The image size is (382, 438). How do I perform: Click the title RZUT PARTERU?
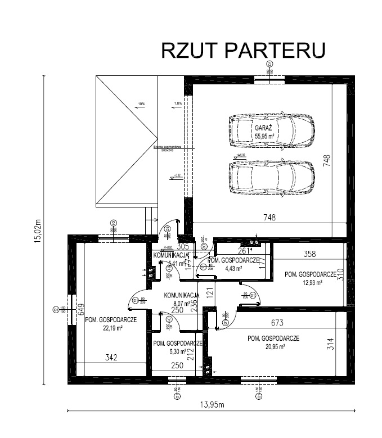pos(243,50)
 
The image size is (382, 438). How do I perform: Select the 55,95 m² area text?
pos(264,136)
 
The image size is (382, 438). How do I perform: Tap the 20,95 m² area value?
pos(273,346)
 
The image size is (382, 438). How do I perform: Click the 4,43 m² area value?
pos(233,269)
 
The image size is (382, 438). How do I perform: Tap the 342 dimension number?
pos(111,358)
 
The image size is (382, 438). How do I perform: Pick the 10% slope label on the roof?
pos(141,104)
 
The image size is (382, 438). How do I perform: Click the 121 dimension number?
pos(208,292)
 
